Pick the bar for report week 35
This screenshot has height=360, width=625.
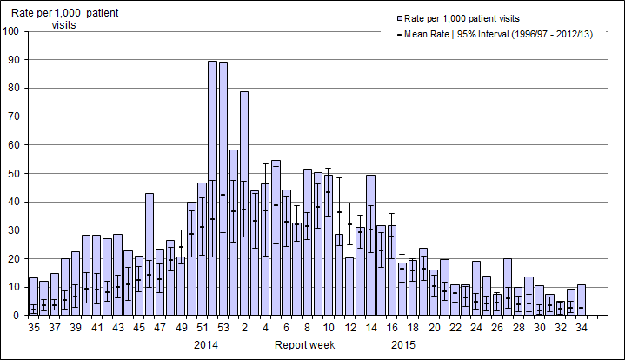(x=33, y=297)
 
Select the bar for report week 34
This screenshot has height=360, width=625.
(x=582, y=300)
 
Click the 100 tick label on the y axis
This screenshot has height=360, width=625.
(x=12, y=32)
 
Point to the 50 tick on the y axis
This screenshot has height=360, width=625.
(x=16, y=174)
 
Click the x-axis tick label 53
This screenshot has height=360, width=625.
(x=223, y=330)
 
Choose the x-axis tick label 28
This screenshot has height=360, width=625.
(x=518, y=330)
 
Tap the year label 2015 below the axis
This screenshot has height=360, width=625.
(x=402, y=345)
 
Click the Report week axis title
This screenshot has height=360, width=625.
(x=304, y=345)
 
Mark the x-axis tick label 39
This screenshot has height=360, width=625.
(x=75, y=330)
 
